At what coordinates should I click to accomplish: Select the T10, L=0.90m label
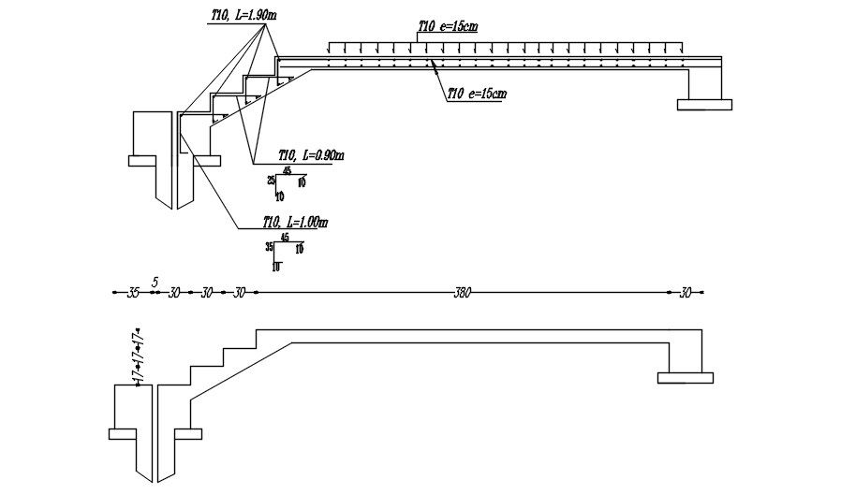[312, 154]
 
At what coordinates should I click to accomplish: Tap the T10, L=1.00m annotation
[295, 223]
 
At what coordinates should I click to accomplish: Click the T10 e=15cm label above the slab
[449, 27]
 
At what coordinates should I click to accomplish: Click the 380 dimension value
[461, 293]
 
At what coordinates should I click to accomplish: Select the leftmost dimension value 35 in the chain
[133, 293]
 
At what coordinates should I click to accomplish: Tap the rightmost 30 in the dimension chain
[685, 293]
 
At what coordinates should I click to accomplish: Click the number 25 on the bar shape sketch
[271, 180]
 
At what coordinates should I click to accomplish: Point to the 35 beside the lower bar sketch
[270, 247]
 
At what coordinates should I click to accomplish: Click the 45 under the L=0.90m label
[286, 170]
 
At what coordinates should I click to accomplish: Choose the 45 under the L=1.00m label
[285, 238]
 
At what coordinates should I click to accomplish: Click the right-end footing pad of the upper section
[704, 104]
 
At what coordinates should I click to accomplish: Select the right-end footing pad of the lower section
[685, 377]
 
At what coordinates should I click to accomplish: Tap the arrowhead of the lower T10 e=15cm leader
[431, 62]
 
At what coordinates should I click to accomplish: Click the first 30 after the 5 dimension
[174, 293]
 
